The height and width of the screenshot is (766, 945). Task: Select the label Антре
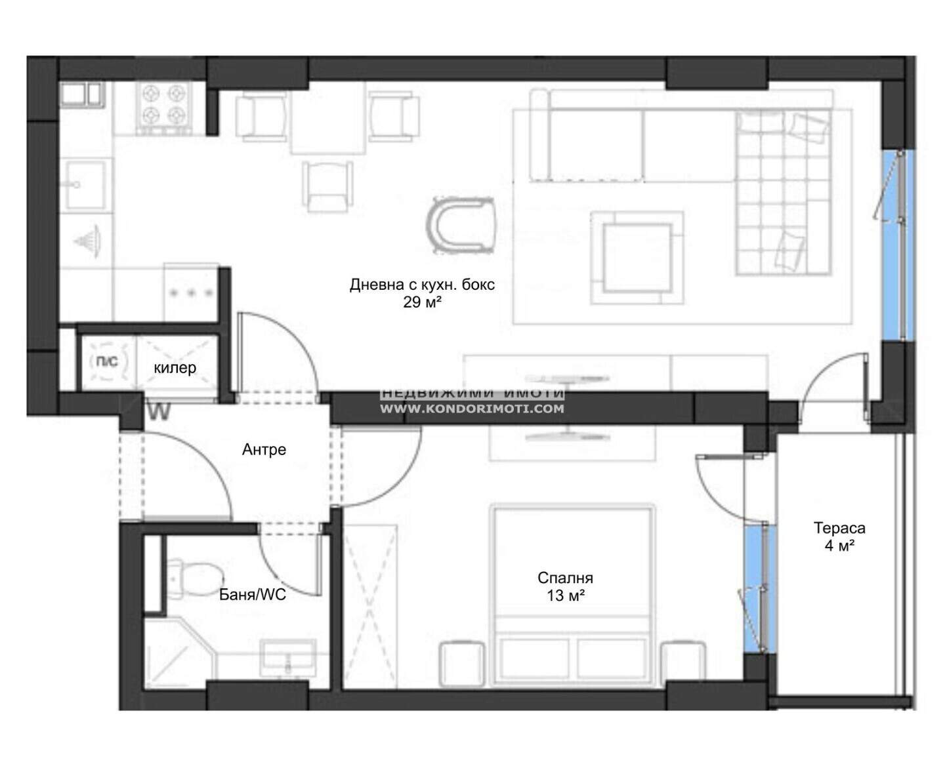click(264, 449)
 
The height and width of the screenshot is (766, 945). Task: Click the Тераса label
click(839, 528)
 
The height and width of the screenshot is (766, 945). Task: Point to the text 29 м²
click(422, 302)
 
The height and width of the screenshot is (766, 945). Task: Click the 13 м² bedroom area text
click(565, 595)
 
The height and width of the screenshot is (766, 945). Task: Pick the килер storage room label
click(175, 367)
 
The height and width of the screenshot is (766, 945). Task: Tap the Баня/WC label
click(253, 594)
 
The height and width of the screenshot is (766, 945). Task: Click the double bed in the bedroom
click(572, 595)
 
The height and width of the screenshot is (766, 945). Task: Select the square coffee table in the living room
click(637, 258)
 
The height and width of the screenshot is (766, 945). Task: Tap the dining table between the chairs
click(328, 117)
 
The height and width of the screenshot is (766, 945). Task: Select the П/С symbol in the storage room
click(108, 362)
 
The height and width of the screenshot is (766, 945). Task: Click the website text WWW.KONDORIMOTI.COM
click(472, 409)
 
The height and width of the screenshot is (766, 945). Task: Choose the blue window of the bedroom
click(760, 589)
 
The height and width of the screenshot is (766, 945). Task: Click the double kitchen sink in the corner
click(82, 94)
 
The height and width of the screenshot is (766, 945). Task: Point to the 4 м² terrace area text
click(839, 546)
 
